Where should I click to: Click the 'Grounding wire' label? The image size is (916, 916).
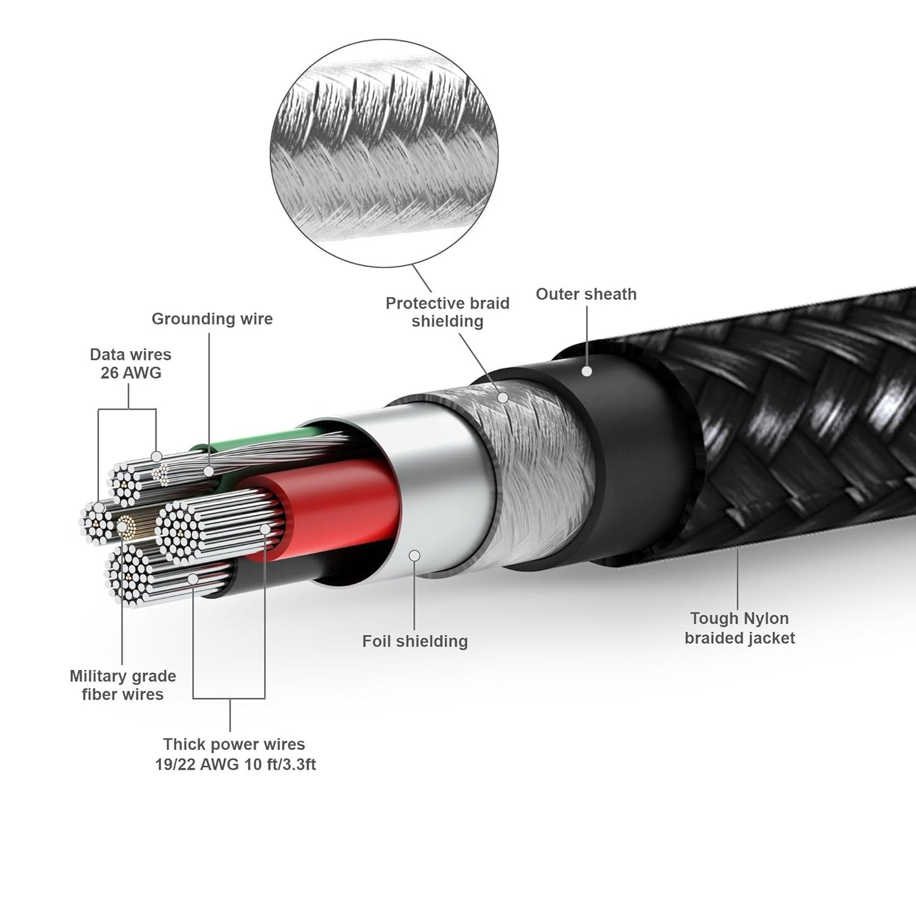tap(212, 319)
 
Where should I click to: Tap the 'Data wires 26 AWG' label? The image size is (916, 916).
tap(131, 364)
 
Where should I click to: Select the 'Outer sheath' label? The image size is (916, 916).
tap(586, 294)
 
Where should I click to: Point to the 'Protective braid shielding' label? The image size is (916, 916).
tap(448, 313)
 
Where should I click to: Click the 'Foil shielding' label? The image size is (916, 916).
tap(415, 642)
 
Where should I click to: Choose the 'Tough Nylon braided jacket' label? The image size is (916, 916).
tap(740, 628)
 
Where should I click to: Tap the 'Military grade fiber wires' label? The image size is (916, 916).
tap(122, 685)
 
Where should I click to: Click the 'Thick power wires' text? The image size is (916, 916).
tap(234, 744)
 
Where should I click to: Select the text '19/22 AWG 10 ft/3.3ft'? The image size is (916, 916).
tap(235, 764)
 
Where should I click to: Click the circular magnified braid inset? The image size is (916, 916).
tap(384, 153)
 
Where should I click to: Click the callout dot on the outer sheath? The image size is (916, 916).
tap(587, 371)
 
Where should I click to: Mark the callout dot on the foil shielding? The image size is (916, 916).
tap(415, 555)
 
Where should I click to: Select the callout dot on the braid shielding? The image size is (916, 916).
tap(503, 397)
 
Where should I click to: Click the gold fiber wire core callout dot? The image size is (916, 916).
tap(122, 527)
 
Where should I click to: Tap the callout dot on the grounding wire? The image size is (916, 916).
tap(208, 471)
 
